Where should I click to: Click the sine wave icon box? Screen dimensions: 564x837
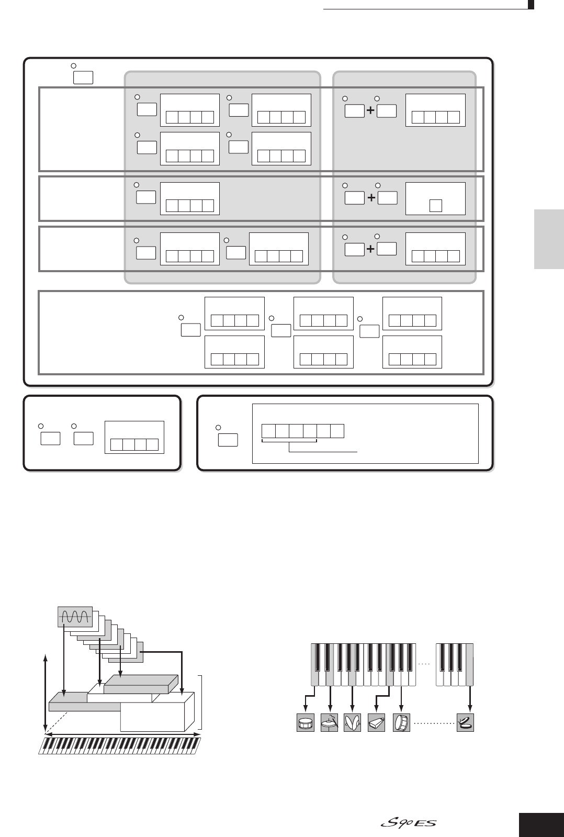click(x=74, y=618)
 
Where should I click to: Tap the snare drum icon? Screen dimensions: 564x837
click(x=306, y=722)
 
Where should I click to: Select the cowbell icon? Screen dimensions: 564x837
click(x=376, y=722)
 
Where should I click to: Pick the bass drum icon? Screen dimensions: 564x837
click(x=401, y=722)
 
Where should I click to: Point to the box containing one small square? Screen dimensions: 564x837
click(x=435, y=198)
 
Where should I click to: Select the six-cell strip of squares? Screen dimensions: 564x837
click(x=303, y=431)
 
